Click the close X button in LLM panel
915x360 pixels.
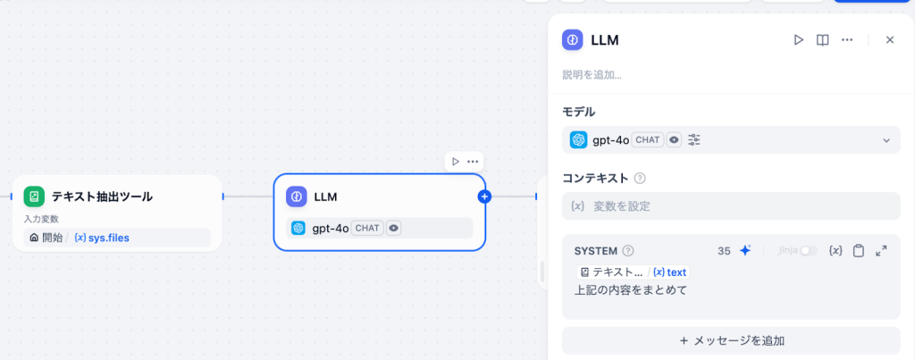[890, 39]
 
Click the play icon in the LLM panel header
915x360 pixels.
[798, 39]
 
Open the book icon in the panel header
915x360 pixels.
[823, 39]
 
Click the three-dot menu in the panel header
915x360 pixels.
[847, 39]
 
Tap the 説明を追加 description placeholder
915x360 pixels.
[592, 75]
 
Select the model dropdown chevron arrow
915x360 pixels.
[886, 140]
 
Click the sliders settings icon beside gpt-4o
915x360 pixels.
[694, 140]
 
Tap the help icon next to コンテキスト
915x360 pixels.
[640, 179]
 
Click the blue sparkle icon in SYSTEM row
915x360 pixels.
[745, 251]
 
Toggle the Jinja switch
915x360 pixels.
[809, 251]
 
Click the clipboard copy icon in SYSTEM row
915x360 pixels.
[859, 251]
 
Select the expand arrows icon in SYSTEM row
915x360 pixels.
[881, 251]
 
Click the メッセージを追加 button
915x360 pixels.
[731, 340]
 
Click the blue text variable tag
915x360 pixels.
[670, 272]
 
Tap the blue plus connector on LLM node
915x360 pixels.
[484, 197]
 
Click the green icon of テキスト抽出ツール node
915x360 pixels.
[34, 197]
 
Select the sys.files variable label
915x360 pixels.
[102, 238]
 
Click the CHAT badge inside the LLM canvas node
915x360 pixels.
[367, 228]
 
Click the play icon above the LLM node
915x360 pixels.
[456, 162]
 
